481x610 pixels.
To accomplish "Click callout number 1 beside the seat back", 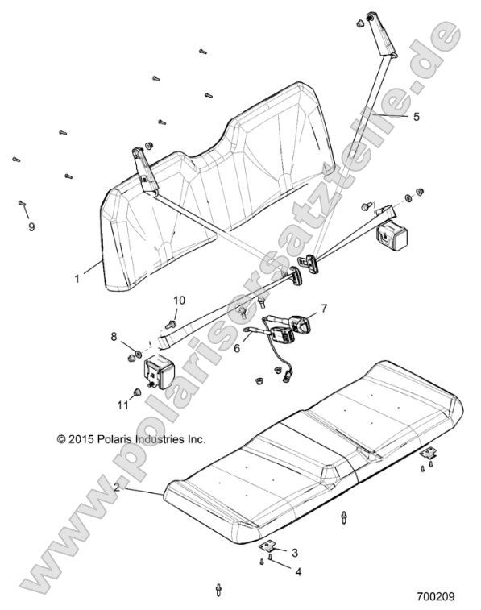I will tap(77, 278).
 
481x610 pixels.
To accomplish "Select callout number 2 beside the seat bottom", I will tap(117, 488).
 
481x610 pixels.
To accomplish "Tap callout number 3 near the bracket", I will tap(296, 552).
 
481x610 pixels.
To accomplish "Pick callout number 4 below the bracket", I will tap(298, 572).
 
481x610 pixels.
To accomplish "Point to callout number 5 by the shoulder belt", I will tap(417, 116).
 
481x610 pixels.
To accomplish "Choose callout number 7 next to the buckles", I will tap(324, 308).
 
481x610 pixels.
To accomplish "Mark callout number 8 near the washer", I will tap(114, 336).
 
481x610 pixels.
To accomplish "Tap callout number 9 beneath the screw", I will tap(31, 228).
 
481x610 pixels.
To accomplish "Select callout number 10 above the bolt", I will tap(179, 301).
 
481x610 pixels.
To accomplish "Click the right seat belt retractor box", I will tap(391, 238).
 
